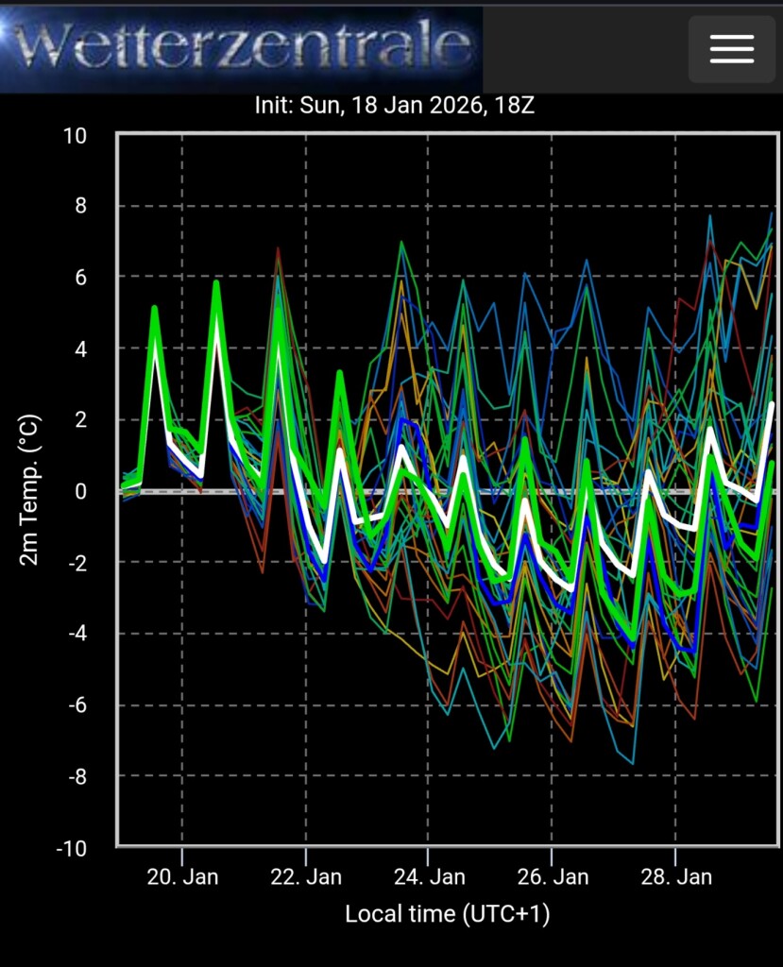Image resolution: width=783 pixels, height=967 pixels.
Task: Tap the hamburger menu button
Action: [732, 49]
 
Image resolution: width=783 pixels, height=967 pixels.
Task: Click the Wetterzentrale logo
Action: [241, 48]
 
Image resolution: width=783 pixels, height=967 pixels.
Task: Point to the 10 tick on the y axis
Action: [75, 136]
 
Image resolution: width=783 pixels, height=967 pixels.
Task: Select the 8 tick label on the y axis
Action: [81, 206]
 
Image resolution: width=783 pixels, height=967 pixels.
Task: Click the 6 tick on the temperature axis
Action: [81, 278]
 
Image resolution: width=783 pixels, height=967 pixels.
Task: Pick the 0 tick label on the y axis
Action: [81, 491]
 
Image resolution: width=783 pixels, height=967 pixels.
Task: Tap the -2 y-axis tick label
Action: [77, 563]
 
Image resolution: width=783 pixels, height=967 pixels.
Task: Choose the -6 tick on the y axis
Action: [77, 704]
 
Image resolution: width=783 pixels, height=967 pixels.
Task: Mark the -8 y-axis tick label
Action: [77, 776]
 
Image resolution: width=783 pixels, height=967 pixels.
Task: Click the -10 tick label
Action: [72, 848]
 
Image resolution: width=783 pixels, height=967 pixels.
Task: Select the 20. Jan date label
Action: [182, 877]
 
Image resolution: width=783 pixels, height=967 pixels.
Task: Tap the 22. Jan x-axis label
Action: [306, 877]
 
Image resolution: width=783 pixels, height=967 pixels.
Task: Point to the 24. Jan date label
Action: [430, 877]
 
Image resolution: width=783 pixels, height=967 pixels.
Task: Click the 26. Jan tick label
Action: [553, 877]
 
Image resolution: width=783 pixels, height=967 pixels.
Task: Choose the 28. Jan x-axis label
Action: [676, 877]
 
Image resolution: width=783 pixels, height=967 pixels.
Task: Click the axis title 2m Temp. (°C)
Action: [29, 490]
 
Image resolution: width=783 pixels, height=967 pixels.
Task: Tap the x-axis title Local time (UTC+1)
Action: [448, 914]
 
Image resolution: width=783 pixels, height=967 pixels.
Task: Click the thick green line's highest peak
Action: [216, 282]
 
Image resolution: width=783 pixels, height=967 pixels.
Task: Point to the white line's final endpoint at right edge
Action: [772, 404]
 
